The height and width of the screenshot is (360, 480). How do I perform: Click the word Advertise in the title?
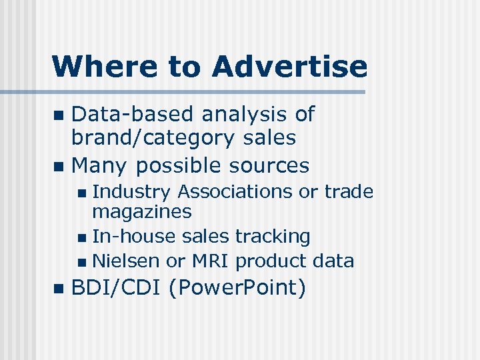point(289,67)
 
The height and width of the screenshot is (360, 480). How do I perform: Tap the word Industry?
point(131,192)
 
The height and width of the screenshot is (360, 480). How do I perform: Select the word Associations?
point(235,192)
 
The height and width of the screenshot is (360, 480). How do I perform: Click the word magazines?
point(141,212)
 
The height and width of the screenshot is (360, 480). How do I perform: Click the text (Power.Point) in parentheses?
point(237,288)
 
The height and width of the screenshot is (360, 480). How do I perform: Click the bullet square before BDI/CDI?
point(58,289)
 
